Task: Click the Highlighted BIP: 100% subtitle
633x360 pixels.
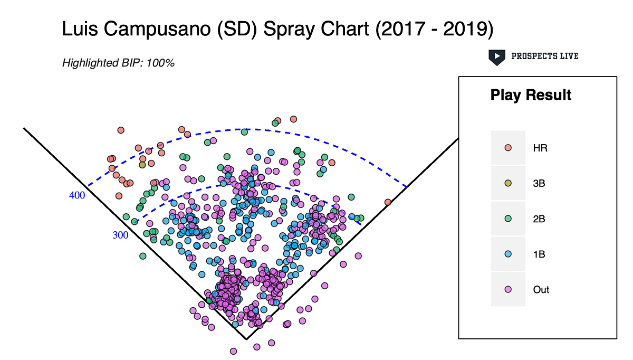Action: click(118, 63)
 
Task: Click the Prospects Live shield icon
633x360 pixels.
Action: click(496, 56)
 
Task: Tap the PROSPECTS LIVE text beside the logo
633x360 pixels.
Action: click(544, 56)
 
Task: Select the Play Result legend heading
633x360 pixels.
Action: click(531, 95)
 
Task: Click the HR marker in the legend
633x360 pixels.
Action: click(508, 148)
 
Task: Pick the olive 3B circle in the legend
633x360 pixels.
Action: click(508, 183)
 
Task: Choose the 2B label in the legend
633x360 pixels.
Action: click(540, 219)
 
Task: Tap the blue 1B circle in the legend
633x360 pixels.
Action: click(508, 254)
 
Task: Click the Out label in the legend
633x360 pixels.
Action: click(541, 290)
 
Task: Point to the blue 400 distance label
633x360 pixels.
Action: click(77, 195)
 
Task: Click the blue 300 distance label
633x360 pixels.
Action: click(120, 235)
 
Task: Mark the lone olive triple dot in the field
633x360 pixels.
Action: click(142, 165)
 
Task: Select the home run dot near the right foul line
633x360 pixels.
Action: click(388, 202)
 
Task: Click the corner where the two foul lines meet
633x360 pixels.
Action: click(246, 339)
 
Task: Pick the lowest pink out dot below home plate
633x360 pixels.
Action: click(233, 351)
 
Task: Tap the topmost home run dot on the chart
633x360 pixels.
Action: click(294, 119)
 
